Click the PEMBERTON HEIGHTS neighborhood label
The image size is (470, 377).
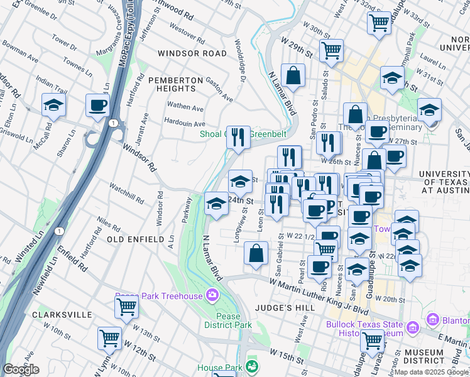pos(175,85)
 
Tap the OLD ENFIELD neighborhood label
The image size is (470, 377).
pos(134,239)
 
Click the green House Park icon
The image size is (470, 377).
pos(252,366)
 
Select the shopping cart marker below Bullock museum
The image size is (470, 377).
pos(373,340)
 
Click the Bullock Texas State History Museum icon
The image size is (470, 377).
pos(413,327)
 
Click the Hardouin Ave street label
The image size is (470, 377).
pos(184,123)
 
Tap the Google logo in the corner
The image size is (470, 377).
pos(21,369)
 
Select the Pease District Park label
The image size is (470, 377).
pos(227,320)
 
